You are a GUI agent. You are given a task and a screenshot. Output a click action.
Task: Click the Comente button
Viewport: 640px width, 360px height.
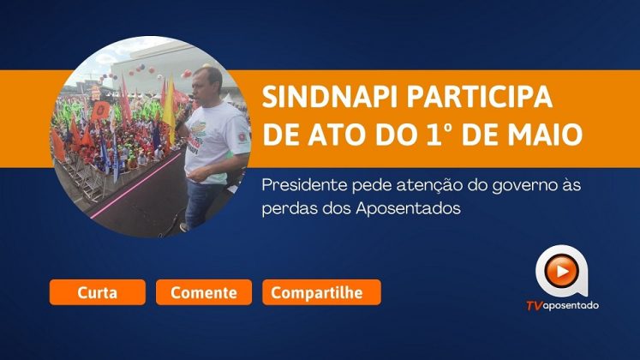(x=204, y=292)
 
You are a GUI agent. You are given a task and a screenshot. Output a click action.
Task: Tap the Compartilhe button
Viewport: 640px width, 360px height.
(x=321, y=292)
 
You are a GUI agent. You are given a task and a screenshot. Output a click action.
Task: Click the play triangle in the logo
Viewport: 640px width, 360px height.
(x=563, y=272)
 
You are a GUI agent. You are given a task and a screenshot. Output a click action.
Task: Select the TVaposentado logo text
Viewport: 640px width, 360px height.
(x=562, y=305)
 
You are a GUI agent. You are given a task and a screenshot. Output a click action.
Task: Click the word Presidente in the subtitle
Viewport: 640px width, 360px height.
(x=304, y=185)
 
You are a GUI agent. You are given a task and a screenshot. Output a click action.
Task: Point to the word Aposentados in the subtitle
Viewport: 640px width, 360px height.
(x=408, y=208)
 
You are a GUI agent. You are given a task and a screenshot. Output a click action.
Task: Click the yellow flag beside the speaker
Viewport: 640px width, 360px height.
(x=169, y=111)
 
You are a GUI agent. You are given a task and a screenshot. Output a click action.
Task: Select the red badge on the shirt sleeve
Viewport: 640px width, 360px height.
(x=242, y=137)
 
